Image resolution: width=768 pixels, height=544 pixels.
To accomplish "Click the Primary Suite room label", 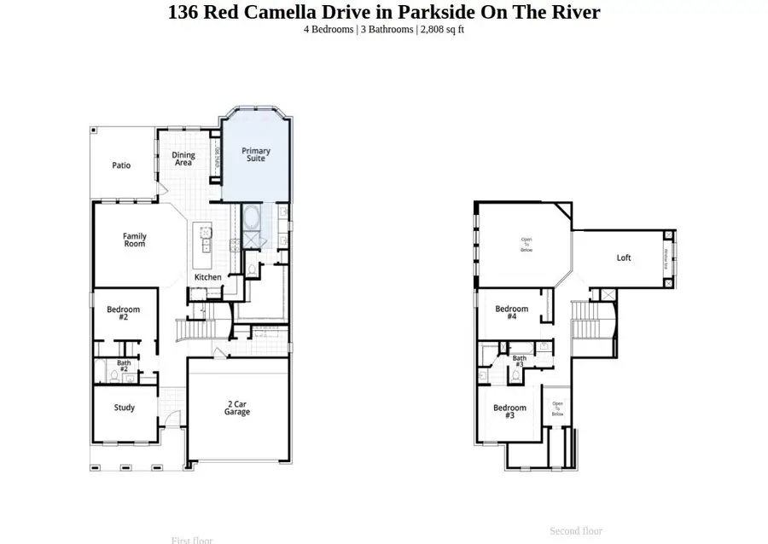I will [256, 154].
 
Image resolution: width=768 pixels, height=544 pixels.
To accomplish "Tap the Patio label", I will [121, 165].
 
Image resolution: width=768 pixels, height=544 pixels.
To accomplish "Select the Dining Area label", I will [183, 159].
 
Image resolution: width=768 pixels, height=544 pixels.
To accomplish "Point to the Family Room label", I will [134, 240].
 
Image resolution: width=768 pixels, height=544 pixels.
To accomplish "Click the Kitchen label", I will [208, 277].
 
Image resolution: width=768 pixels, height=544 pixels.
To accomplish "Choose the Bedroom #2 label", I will [123, 313].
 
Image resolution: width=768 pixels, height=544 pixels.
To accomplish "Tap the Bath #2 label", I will [124, 366].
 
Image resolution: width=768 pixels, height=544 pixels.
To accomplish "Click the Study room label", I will [125, 408].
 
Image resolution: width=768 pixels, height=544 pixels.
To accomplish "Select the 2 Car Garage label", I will [237, 408].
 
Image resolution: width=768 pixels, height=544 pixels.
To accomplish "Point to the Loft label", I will [624, 258].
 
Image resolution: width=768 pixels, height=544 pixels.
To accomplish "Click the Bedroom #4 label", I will [512, 312].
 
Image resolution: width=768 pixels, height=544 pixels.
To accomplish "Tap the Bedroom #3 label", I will [510, 411].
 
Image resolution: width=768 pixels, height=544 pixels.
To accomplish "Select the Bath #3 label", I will [519, 361].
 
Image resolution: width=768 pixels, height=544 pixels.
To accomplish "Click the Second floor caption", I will [576, 530].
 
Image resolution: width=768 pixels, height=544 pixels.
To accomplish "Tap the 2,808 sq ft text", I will [443, 30].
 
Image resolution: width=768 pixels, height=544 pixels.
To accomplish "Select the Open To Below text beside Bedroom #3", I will [557, 408].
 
